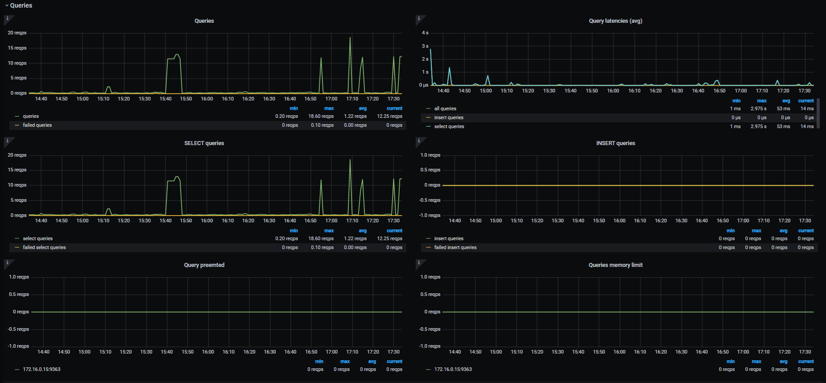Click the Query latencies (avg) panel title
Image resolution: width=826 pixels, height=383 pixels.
point(615,21)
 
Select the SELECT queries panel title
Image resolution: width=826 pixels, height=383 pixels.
point(204,143)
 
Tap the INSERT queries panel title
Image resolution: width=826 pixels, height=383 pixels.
point(615,143)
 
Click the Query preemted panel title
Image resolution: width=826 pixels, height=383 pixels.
point(204,265)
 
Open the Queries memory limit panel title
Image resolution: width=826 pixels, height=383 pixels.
point(615,265)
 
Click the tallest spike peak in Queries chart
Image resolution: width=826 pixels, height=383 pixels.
point(350,37)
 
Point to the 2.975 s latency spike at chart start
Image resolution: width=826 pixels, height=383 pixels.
point(430,49)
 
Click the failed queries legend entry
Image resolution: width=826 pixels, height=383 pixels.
point(37,125)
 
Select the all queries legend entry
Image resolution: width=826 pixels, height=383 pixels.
point(445,109)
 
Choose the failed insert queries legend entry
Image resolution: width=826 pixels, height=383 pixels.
point(455,248)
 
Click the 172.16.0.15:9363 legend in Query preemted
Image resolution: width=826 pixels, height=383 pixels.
point(41,370)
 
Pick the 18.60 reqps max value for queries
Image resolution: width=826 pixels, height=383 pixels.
point(321,117)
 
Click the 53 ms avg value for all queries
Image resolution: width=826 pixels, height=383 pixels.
point(783,109)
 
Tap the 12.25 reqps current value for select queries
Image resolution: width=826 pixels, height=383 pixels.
point(389,239)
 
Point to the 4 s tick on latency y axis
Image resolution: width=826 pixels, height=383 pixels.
point(425,33)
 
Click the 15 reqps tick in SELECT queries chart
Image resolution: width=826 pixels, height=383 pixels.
point(17,170)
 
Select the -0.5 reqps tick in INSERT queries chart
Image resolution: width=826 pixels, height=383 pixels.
point(430,200)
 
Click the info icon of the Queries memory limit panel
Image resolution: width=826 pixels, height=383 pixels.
point(419,262)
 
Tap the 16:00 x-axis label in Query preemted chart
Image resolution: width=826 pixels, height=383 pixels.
point(208,352)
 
